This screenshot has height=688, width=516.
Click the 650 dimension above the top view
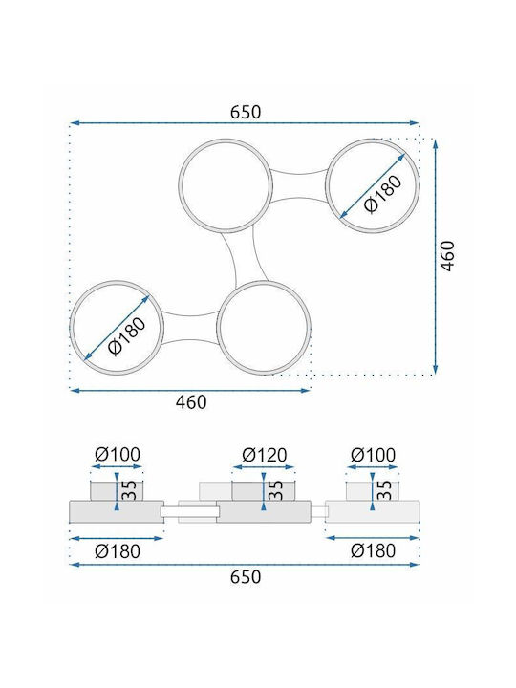[x=246, y=112]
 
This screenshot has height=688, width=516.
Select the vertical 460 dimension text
[x=447, y=256]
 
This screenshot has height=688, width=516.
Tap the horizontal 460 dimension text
[x=191, y=402]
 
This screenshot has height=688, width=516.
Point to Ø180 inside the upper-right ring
[x=382, y=194]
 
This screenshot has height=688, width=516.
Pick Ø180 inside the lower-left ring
[x=126, y=335]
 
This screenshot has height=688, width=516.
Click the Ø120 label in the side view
[x=265, y=455]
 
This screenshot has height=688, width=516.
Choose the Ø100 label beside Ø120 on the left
[x=118, y=455]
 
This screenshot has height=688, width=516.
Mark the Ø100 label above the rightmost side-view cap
[x=373, y=455]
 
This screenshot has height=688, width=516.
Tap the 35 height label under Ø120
[x=275, y=490]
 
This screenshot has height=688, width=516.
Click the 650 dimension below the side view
[x=246, y=576]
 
